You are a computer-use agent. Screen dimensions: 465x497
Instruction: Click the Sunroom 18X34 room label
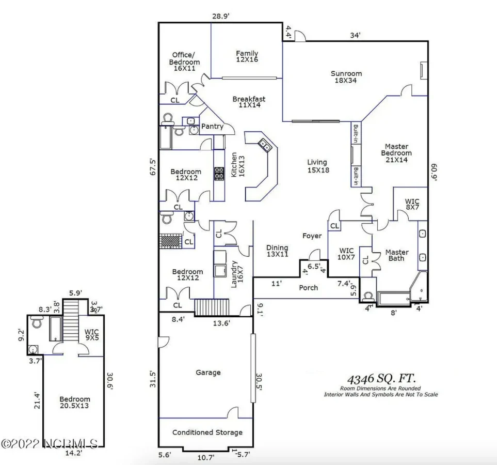[346, 76]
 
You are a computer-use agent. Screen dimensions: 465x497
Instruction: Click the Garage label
[208, 372]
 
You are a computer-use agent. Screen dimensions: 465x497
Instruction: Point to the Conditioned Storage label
[207, 432]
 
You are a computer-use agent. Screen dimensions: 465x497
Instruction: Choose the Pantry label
[212, 126]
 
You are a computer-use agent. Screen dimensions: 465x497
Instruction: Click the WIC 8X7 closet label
[412, 204]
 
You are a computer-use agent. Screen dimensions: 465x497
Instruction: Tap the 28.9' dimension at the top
[220, 17]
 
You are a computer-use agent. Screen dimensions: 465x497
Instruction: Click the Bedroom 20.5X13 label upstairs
[75, 402]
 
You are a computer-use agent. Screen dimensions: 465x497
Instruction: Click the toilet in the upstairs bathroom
[37, 324]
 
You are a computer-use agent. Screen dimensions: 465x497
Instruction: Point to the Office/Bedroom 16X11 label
[184, 61]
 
